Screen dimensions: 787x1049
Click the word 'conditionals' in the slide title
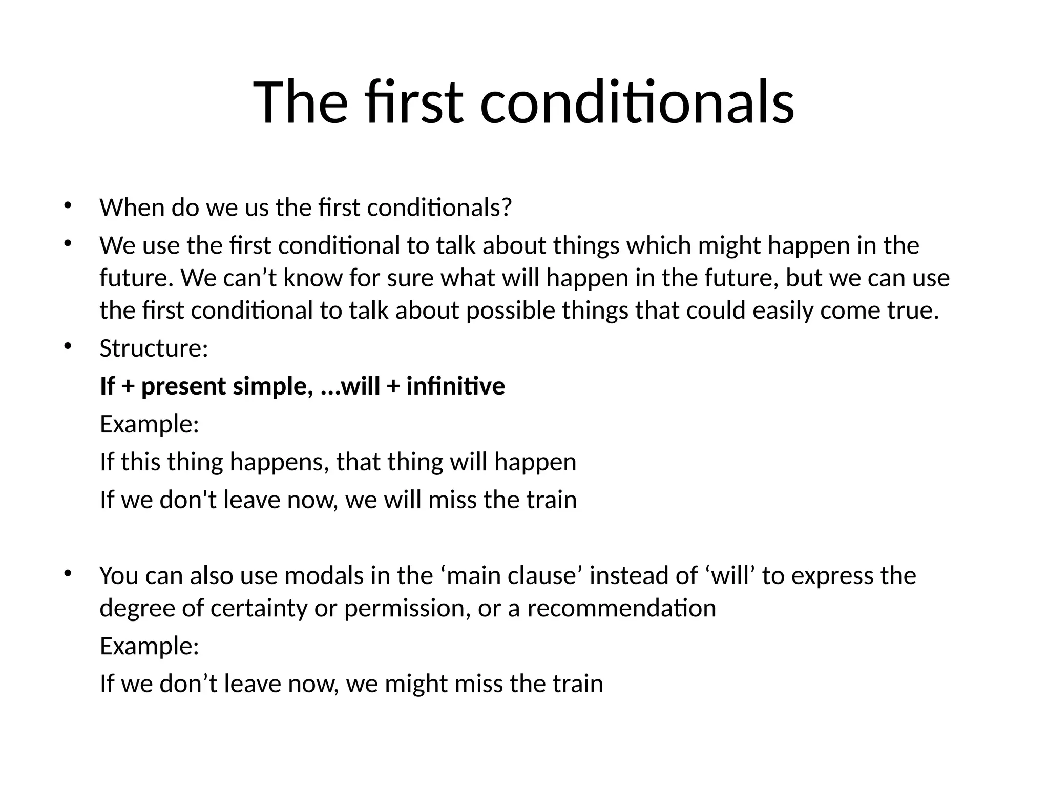click(637, 102)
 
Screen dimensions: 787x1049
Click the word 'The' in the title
click(300, 102)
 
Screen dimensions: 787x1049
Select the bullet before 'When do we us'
click(67, 206)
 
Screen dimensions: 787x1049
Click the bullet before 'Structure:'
click(67, 347)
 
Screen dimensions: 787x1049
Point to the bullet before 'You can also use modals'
click(67, 574)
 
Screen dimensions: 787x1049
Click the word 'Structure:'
click(154, 348)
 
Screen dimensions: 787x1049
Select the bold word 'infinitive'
click(455, 386)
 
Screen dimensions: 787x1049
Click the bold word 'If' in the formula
click(107, 386)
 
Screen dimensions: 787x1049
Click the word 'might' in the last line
click(416, 684)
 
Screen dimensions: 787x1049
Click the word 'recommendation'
click(621, 609)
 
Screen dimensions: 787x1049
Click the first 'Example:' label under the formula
click(149, 424)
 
